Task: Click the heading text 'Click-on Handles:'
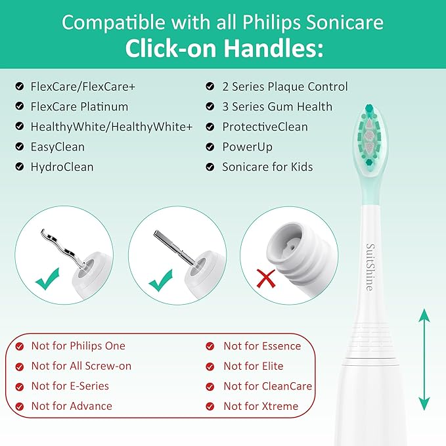223,49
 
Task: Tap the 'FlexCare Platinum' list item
79,106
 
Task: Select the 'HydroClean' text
62,167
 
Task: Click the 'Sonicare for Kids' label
267,167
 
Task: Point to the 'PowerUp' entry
247,146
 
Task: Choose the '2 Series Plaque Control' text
285,87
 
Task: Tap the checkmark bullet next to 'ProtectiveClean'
210,127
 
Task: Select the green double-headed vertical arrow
424,359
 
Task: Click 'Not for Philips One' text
78,346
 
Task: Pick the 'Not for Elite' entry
253,366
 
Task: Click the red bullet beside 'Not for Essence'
210,346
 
